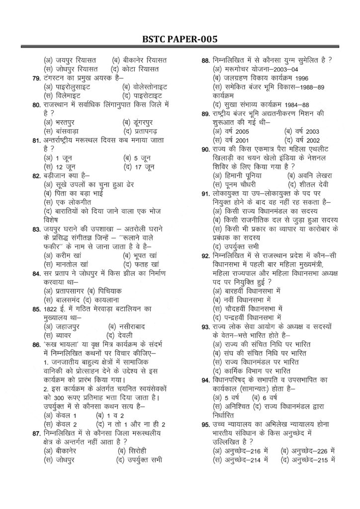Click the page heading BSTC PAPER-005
180,39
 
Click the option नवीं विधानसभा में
243,299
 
